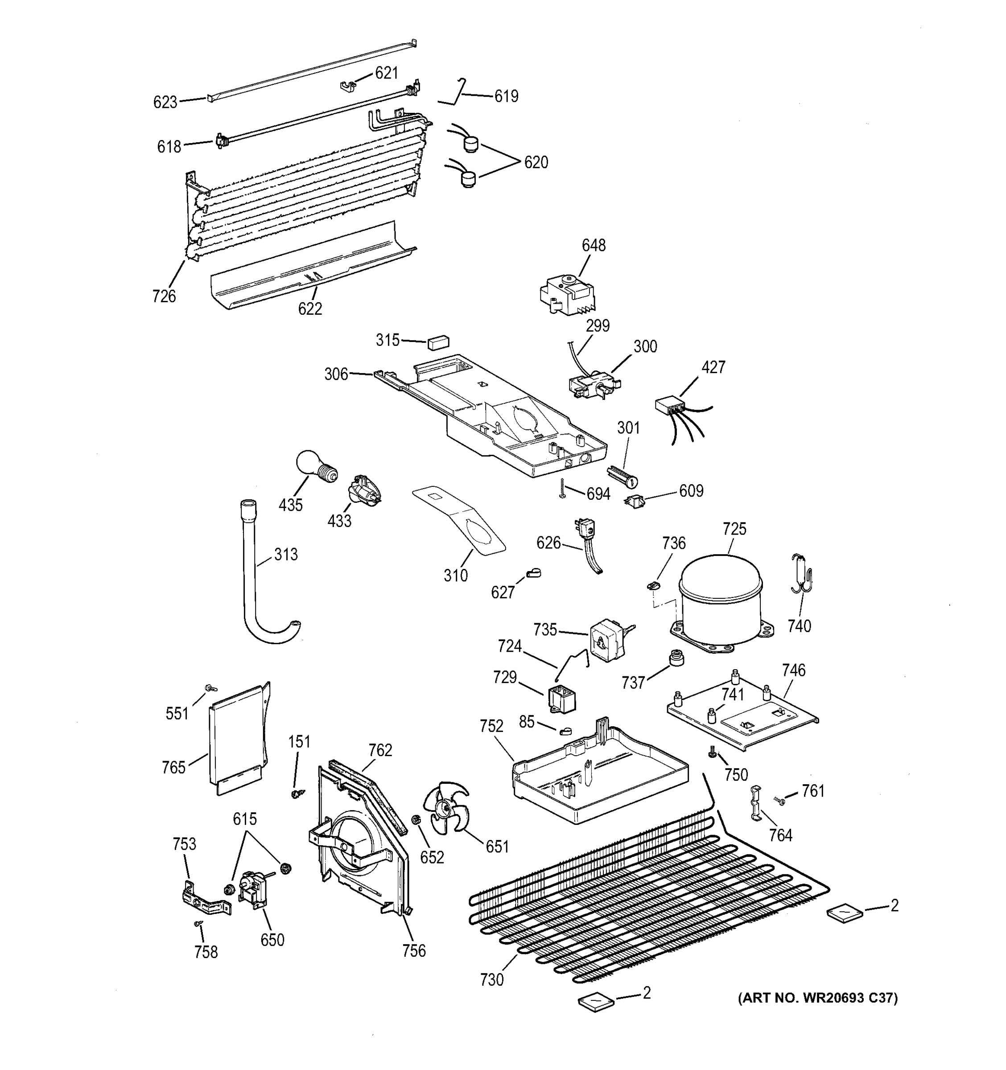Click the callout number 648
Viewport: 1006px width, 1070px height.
pos(593,246)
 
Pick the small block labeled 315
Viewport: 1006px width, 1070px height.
pos(439,342)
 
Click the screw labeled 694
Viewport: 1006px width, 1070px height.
pos(562,488)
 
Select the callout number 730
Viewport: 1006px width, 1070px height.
pos(491,979)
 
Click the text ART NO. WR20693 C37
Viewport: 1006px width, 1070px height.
pos(817,998)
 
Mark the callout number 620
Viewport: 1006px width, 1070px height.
pos(536,162)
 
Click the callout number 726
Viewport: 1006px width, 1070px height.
pos(164,296)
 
